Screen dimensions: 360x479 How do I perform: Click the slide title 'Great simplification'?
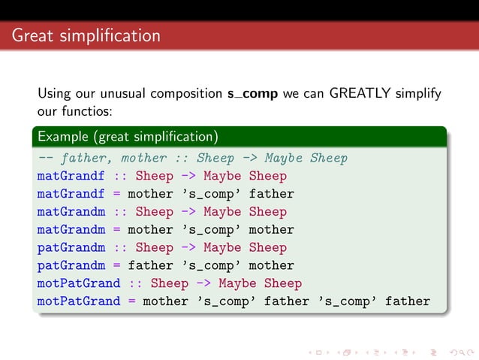(x=86, y=35)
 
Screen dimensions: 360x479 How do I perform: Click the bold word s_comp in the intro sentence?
(x=253, y=95)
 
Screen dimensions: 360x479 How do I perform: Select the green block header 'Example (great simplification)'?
(x=128, y=137)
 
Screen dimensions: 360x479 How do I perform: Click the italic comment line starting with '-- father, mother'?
(x=192, y=158)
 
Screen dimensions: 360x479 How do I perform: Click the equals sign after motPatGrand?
(x=131, y=301)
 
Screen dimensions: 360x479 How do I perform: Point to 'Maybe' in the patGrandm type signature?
(x=222, y=247)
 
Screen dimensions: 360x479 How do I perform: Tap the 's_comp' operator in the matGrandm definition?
(x=207, y=230)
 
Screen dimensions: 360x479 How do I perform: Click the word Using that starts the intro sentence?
(x=53, y=95)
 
